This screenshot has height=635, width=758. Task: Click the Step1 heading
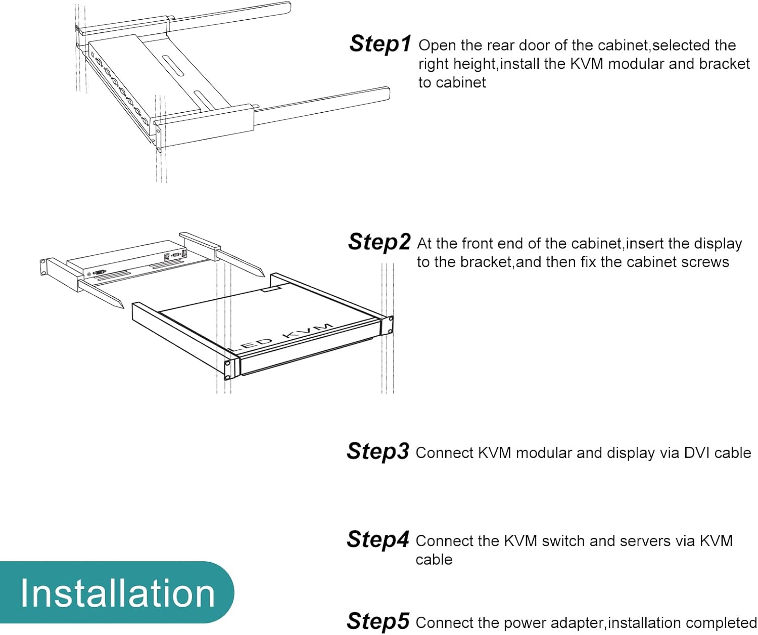(380, 44)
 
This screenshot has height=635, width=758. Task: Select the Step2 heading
(380, 242)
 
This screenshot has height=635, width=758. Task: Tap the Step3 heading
(378, 451)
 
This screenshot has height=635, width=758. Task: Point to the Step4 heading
(378, 539)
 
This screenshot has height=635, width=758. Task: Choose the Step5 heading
(378, 621)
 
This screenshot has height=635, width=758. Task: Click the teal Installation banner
(117, 593)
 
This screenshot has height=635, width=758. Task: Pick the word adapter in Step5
(578, 623)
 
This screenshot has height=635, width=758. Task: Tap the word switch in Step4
(563, 541)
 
